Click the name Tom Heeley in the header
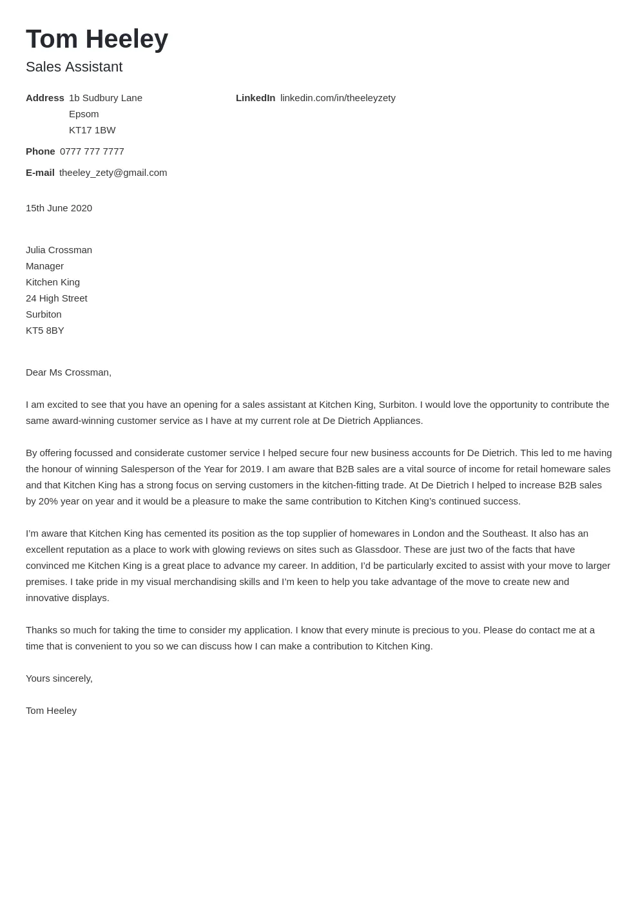click(x=97, y=39)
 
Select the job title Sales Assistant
click(x=74, y=67)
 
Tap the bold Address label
click(x=44, y=98)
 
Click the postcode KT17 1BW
click(x=92, y=130)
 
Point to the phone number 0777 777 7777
click(x=92, y=151)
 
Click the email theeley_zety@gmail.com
click(x=113, y=173)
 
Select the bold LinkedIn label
click(x=255, y=98)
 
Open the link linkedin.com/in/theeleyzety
click(x=338, y=98)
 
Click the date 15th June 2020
click(x=59, y=208)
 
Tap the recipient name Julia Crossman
click(x=59, y=250)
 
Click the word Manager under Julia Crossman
click(x=44, y=266)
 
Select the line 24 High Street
click(x=56, y=298)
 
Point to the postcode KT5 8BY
click(x=44, y=331)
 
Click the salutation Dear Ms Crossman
click(x=68, y=372)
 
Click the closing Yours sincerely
click(x=59, y=678)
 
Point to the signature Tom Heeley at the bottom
click(x=51, y=711)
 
